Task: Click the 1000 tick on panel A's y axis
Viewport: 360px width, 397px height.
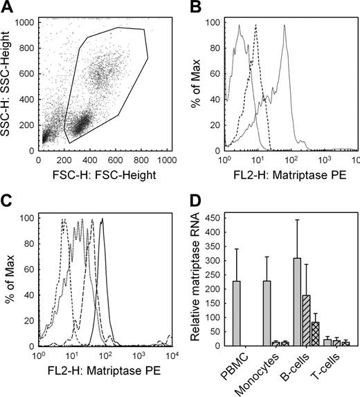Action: [26, 22]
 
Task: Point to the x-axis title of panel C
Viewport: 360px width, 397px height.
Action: [104, 371]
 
